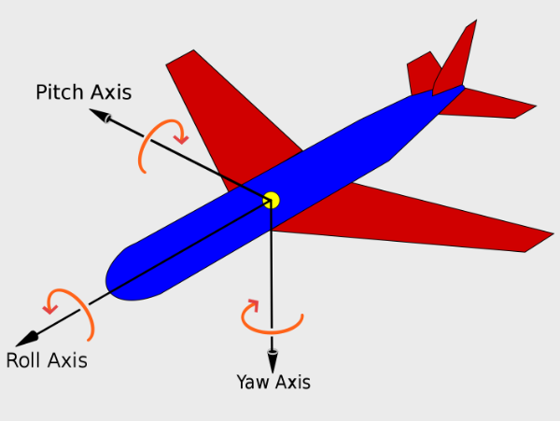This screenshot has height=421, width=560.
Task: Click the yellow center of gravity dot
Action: point(271,200)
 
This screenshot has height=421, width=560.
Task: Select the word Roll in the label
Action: point(25,360)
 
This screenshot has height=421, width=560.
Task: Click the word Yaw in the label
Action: point(253,381)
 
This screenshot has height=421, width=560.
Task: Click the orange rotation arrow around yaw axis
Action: point(271,321)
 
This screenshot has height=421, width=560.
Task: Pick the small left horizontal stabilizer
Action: point(424,74)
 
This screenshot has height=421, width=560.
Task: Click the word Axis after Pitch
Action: point(111,92)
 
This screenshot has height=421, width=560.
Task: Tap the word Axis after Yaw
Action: point(293,381)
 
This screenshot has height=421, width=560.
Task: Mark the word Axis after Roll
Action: point(68,360)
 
